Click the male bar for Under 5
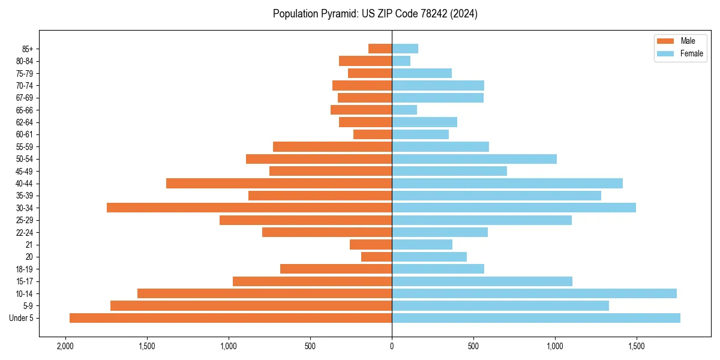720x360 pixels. click(x=230, y=318)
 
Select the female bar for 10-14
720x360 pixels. click(x=534, y=293)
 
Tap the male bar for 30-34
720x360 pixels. click(x=249, y=208)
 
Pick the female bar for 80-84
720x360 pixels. click(x=401, y=61)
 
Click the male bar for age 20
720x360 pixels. click(x=376, y=257)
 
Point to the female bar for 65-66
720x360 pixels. click(x=404, y=110)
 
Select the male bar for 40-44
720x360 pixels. click(x=279, y=183)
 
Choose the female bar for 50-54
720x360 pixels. click(x=474, y=159)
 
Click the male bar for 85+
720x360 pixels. click(x=380, y=49)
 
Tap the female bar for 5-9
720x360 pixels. click(x=500, y=306)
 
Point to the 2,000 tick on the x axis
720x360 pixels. click(x=65, y=346)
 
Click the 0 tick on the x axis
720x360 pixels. click(x=392, y=346)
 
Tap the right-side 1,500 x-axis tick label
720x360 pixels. click(x=637, y=346)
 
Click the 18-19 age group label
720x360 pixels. click(x=24, y=269)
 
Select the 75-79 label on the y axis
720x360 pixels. click(x=24, y=73)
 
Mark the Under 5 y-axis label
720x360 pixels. click(x=21, y=318)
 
